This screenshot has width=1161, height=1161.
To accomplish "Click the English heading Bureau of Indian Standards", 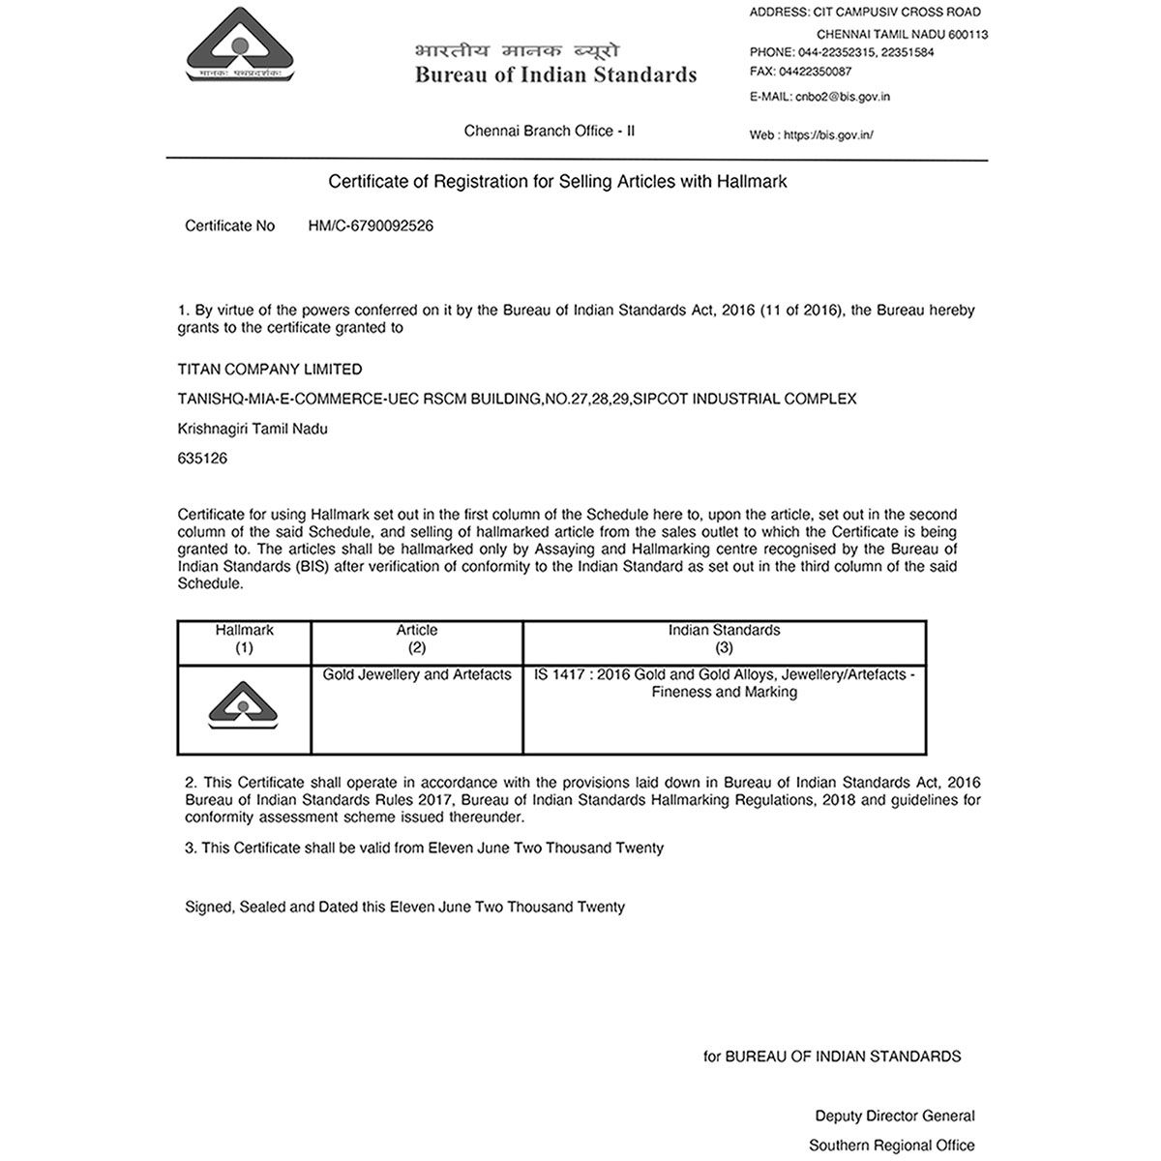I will click(555, 75).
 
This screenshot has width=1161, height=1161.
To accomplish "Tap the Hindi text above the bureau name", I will click(517, 51).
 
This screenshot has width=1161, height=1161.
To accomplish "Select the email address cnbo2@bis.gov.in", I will click(841, 97).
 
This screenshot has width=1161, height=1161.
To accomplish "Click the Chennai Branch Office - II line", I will click(550, 131).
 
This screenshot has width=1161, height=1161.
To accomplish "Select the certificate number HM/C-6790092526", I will click(371, 225).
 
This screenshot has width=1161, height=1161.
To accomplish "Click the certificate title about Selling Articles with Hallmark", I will click(557, 181).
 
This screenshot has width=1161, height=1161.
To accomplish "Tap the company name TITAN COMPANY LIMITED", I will click(270, 369).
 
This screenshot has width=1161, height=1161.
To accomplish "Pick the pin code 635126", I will click(202, 459).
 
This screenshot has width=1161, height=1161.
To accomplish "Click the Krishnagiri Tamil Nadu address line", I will click(253, 429).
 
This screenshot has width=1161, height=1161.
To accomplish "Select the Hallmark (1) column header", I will click(244, 639).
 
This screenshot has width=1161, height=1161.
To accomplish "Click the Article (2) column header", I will click(417, 639).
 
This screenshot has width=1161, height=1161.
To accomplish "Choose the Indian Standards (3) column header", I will click(724, 639).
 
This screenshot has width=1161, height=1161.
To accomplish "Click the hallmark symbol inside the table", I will click(244, 706).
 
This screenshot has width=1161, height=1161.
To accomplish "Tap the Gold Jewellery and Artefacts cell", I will click(417, 674).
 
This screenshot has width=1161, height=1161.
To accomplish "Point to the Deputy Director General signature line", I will click(895, 1116).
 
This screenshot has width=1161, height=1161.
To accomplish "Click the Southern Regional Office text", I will click(892, 1146).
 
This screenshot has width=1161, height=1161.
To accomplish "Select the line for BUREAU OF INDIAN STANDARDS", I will click(832, 1057).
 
